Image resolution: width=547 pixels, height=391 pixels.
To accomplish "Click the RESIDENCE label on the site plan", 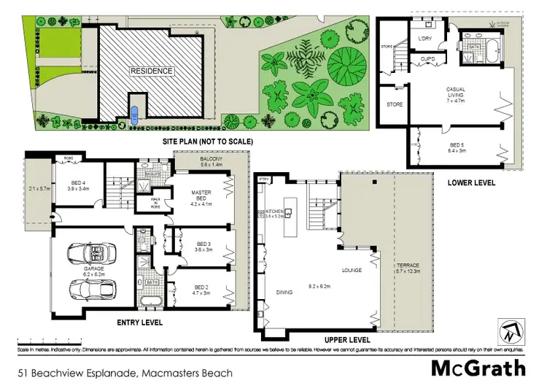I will coord(152,71).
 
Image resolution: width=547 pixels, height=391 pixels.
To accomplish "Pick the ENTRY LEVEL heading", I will coord(139,322).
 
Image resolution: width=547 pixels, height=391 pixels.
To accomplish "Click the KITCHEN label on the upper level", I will coord(273,213).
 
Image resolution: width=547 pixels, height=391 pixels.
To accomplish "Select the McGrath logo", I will coord(478,368).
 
